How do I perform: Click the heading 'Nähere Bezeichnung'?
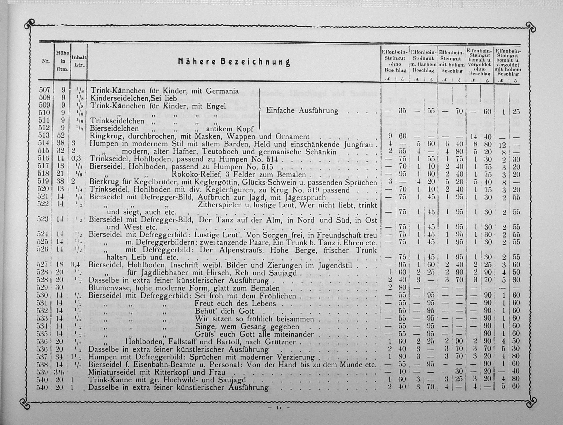(234, 62)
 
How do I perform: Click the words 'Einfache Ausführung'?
(302, 111)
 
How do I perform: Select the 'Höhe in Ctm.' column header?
(62, 61)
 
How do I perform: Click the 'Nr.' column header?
(46, 61)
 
